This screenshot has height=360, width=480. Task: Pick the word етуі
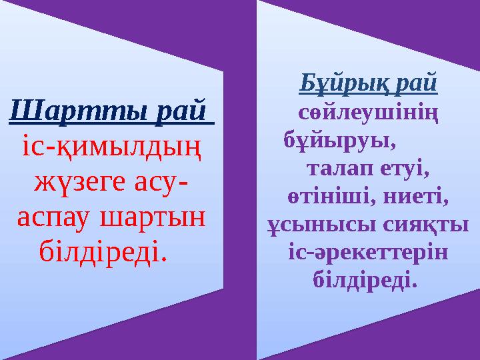(401, 169)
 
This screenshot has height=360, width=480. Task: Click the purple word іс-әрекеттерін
(367, 253)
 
